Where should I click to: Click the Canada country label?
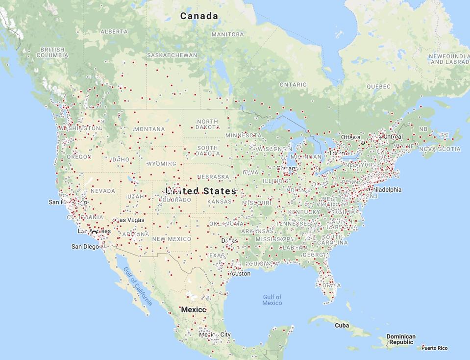click(199, 16)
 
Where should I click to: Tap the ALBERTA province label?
click(114, 31)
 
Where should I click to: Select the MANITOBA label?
click(227, 34)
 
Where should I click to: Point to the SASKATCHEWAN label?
click(172, 55)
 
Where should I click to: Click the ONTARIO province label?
click(293, 85)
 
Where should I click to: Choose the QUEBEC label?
click(379, 86)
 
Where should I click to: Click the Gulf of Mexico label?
click(272, 300)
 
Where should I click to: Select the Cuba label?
click(342, 325)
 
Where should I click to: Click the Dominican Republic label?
click(401, 339)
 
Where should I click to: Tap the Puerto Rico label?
click(434, 348)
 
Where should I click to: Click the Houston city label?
click(241, 274)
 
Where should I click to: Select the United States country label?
click(200, 191)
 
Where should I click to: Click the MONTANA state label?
click(149, 129)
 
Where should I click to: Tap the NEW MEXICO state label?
click(172, 239)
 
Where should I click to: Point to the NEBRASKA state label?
click(213, 177)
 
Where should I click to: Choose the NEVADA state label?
click(103, 191)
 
